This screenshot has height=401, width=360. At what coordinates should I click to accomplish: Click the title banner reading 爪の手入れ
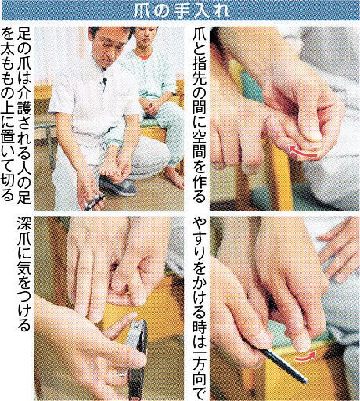(x=181, y=11)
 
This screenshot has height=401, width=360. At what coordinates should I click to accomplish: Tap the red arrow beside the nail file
(x=305, y=357)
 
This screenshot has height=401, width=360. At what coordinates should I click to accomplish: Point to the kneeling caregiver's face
(x=111, y=49)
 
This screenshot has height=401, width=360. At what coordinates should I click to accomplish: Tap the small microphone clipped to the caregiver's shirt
(x=105, y=81)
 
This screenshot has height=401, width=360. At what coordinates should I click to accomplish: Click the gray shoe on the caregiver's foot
(x=118, y=186)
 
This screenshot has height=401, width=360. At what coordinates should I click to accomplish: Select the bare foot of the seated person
(x=174, y=178)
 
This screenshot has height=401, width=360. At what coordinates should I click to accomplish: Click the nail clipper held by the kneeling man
(x=95, y=202)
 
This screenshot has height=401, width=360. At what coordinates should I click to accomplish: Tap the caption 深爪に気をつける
(x=24, y=273)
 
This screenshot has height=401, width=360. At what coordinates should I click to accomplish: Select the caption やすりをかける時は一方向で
(x=200, y=309)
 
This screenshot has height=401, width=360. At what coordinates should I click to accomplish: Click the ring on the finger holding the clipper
(x=123, y=374)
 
